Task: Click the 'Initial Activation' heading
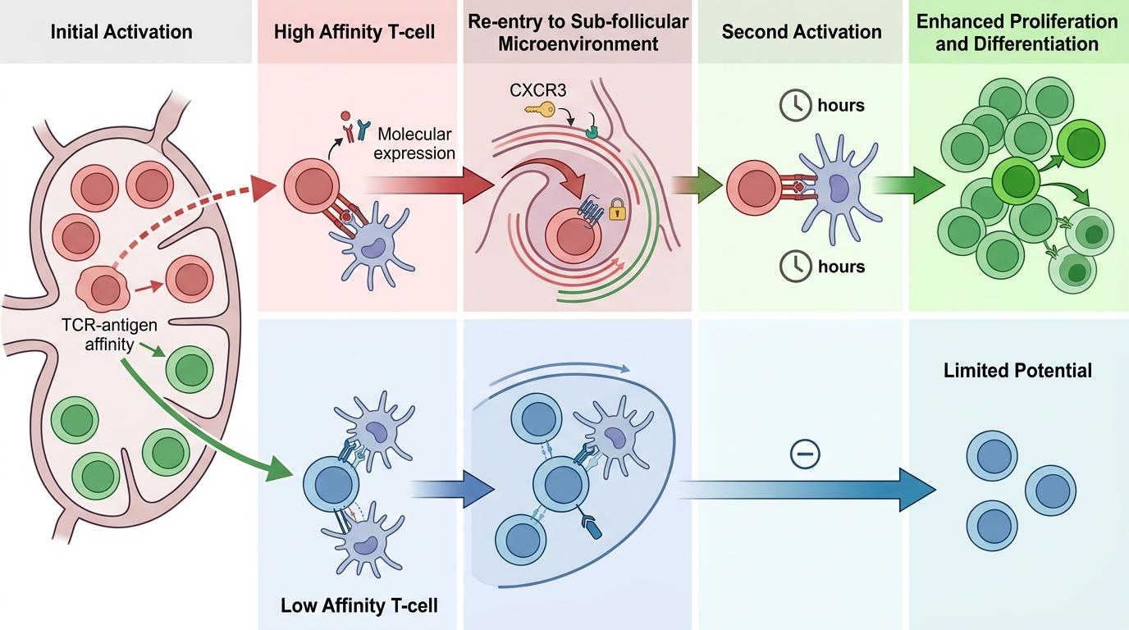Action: click(x=121, y=33)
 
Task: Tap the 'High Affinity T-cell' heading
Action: click(x=354, y=33)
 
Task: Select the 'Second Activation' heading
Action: click(x=802, y=33)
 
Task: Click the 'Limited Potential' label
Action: click(x=1017, y=371)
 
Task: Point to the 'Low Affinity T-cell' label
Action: click(x=359, y=606)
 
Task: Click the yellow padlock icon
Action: click(x=617, y=212)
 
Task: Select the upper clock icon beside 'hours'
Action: click(x=793, y=106)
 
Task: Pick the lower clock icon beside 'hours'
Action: click(x=793, y=267)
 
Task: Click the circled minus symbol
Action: click(x=804, y=454)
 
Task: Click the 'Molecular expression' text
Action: click(x=415, y=143)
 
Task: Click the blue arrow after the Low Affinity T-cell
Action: click(x=452, y=489)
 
